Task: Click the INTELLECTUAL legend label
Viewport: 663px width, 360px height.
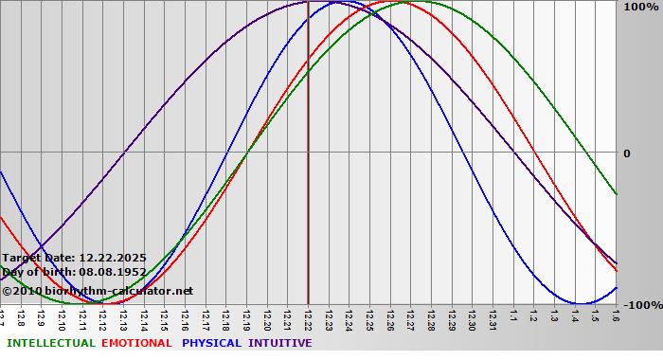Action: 50,343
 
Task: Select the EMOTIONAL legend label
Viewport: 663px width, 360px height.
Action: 136,343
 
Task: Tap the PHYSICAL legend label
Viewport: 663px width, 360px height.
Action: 212,343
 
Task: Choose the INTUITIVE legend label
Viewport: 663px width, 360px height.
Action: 280,343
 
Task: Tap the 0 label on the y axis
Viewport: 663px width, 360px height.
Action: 626,153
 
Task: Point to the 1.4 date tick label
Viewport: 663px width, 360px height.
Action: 575,316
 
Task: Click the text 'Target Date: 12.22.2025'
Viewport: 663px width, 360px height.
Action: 74,257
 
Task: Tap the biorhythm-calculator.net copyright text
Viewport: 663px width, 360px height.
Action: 98,291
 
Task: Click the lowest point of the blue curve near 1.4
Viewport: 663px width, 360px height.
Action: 579,304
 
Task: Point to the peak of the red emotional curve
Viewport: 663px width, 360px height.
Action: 398,1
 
